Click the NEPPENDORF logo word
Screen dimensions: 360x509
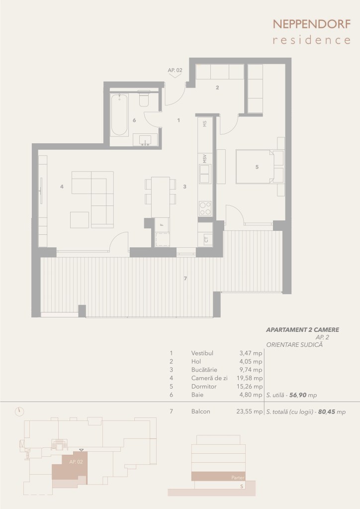[312, 24]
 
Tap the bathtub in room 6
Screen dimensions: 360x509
[119, 114]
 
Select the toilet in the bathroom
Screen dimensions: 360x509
[144, 99]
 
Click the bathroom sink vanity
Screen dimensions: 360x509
[145, 140]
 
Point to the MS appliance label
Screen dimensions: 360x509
[205, 124]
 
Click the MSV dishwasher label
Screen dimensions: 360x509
[205, 159]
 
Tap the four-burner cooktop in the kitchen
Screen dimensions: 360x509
[205, 208]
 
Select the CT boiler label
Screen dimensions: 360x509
[206, 240]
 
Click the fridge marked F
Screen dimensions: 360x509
[162, 224]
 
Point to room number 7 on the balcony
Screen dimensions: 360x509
[185, 279]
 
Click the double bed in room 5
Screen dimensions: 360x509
[255, 167]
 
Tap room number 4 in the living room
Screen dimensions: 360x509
[62, 187]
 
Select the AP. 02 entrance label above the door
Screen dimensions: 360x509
[175, 70]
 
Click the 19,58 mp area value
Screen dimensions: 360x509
[250, 378]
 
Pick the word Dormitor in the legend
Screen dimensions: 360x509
[204, 387]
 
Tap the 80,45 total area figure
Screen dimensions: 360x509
[327, 412]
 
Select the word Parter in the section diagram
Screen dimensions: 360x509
[238, 478]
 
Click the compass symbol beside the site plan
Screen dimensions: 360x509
[19, 411]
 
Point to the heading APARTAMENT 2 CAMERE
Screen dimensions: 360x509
[303, 330]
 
